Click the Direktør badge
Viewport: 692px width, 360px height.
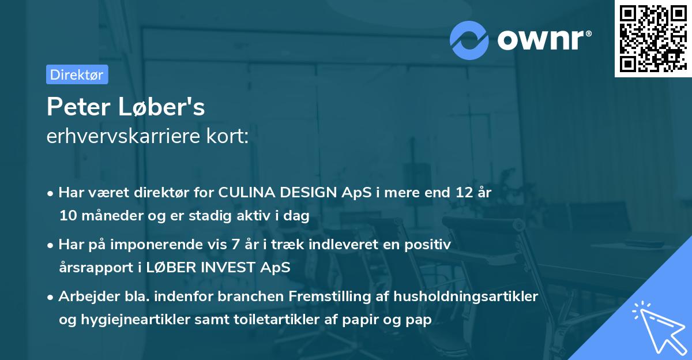click(77, 74)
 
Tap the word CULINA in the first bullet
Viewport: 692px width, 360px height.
click(243, 193)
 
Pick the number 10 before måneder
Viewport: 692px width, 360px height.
click(67, 216)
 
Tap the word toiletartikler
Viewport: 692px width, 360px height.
click(262, 320)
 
